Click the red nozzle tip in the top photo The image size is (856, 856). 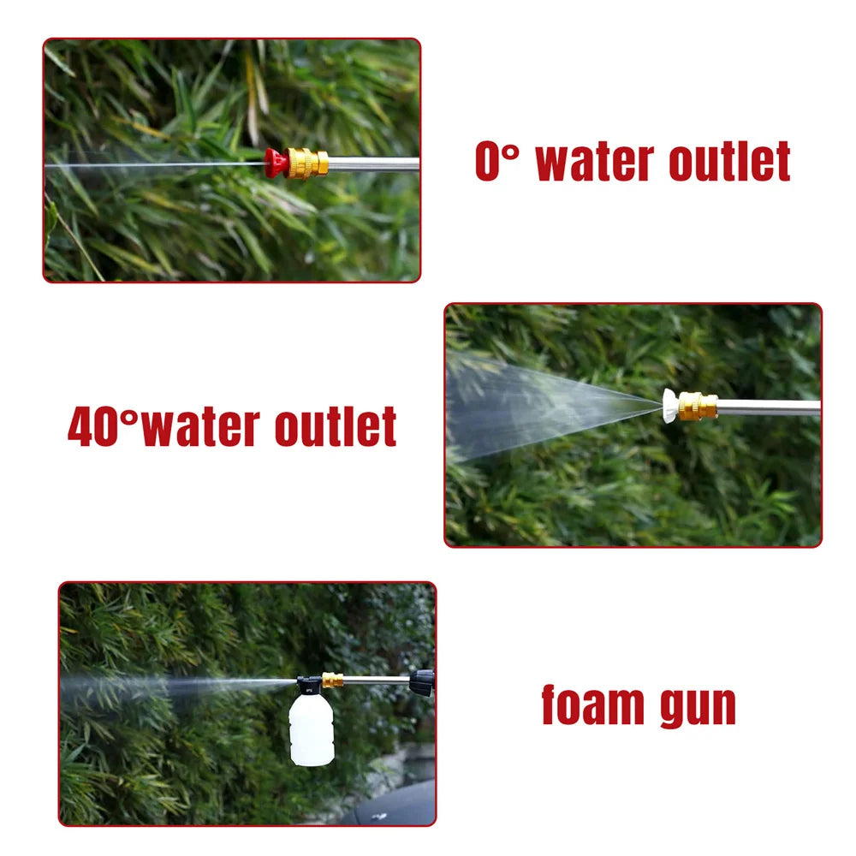point(275,163)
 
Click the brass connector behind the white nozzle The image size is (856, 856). point(698,405)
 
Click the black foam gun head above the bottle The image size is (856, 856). point(309,684)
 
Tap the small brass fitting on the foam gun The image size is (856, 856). point(332,681)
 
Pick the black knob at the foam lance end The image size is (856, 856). point(421,681)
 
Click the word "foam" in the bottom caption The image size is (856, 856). point(591,705)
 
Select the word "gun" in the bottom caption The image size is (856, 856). point(695,707)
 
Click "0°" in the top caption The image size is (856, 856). point(497,162)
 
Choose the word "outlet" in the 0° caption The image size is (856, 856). point(729,162)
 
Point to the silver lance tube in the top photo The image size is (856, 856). point(373,163)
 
